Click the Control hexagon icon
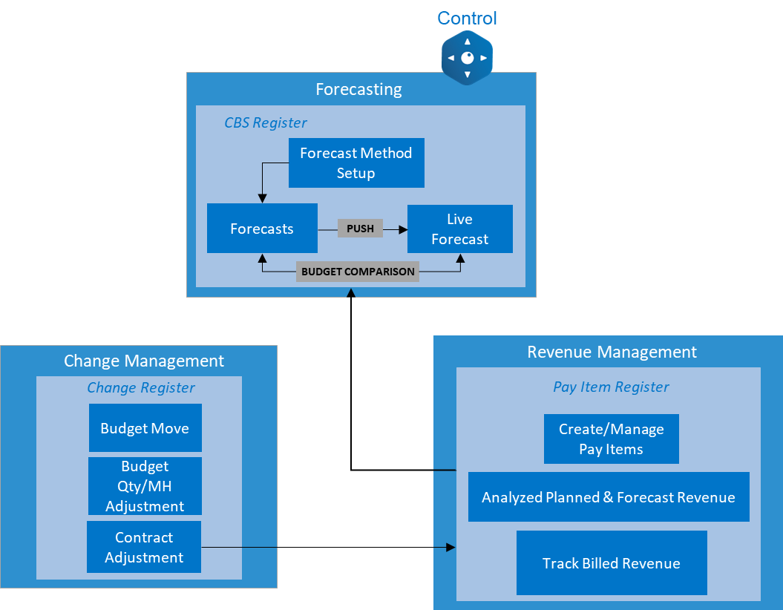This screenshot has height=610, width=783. coord(467,58)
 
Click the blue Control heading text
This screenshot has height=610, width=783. coord(467,18)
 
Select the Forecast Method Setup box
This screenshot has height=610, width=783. coord(356,163)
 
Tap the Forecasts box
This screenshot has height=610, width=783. coord(262,229)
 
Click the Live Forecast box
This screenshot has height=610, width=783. coord(460,229)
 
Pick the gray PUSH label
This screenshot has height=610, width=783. coord(360,229)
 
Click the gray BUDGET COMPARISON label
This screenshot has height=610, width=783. coord(358,272)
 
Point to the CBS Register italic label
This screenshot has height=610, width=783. coord(266,123)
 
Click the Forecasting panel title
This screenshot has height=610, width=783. coord(358,90)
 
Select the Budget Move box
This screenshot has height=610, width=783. coord(145,428)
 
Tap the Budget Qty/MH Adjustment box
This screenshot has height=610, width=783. coord(145,486)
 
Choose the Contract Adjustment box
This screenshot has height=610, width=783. coord(144,547)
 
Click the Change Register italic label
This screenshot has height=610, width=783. coord(141,387)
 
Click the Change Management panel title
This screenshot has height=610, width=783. coord(144,361)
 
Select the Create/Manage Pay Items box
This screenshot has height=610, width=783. coord(611,439)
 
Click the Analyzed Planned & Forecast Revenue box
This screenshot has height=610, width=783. coord(609,497)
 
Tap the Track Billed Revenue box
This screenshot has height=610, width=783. coord(611,563)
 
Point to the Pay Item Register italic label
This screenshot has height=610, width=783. coord(611,387)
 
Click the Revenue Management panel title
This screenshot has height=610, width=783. coord(612,352)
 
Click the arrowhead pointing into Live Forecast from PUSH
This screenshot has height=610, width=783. coord(403,229)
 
